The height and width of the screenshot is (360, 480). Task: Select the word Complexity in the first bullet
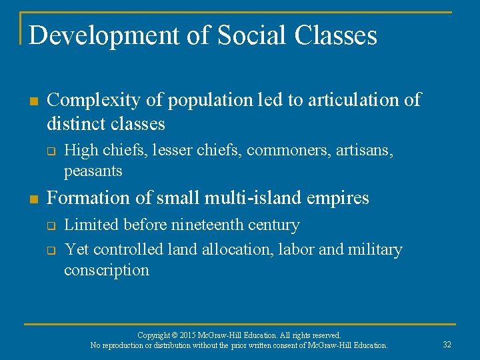pyautogui.click(x=94, y=101)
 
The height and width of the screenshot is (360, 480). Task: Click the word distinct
pyautogui.click(x=74, y=124)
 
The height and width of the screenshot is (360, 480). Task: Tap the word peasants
pyautogui.click(x=93, y=171)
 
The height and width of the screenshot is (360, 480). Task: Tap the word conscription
pyautogui.click(x=106, y=270)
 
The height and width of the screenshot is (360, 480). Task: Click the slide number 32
pyautogui.click(x=447, y=345)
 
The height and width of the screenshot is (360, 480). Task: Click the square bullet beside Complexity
pyautogui.click(x=33, y=101)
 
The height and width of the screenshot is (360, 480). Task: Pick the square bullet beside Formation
pyautogui.click(x=33, y=199)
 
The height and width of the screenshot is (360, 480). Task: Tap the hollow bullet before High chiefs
pyautogui.click(x=51, y=152)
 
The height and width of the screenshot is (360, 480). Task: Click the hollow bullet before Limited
pyautogui.click(x=51, y=226)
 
